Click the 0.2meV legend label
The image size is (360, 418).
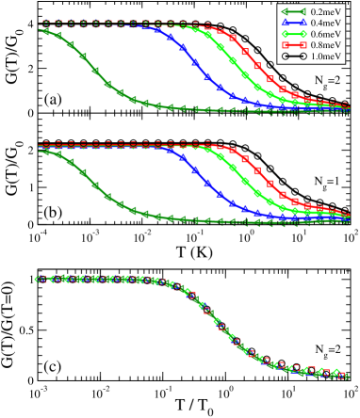click(325, 12)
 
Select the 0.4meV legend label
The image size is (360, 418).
click(325, 24)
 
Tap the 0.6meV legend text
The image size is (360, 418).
click(325, 35)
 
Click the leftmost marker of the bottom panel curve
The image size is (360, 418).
click(39, 279)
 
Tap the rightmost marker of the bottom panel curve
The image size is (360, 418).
click(347, 376)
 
